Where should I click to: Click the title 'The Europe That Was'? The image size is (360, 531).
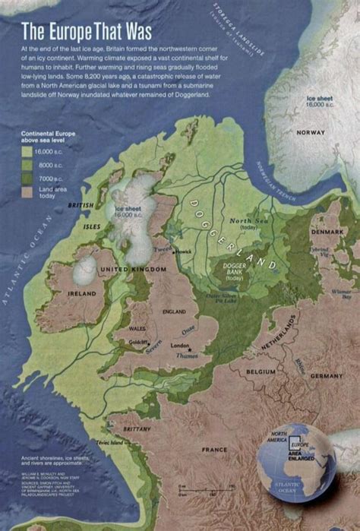click(x=87, y=31)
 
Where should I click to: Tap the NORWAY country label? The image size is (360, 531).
click(x=311, y=132)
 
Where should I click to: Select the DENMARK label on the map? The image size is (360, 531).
click(x=327, y=231)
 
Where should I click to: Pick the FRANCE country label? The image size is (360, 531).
click(x=214, y=449)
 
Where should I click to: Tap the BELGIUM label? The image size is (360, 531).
click(x=261, y=372)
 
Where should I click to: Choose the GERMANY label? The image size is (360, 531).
click(x=327, y=375)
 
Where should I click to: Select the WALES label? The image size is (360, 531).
click(x=137, y=329)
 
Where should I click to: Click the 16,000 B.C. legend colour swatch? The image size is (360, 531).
click(x=27, y=152)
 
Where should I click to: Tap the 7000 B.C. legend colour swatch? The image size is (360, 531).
click(x=27, y=176)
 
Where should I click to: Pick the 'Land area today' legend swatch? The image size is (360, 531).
click(x=27, y=191)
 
